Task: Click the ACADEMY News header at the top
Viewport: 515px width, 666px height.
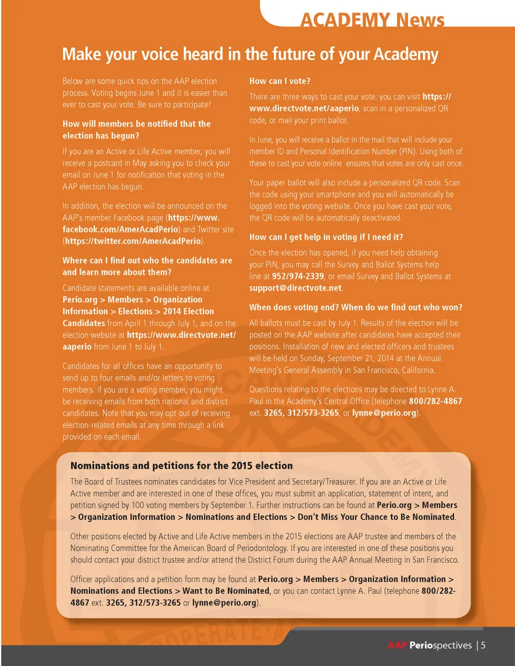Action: point(372,20)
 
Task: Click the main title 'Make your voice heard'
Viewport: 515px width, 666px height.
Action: point(250,54)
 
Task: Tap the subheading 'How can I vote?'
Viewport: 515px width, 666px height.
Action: point(279,81)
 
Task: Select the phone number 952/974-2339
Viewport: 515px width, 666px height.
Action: point(298,276)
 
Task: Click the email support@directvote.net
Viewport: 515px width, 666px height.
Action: point(295,288)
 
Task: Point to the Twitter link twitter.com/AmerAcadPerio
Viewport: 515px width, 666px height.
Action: point(133,241)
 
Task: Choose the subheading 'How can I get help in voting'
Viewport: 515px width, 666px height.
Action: point(326,237)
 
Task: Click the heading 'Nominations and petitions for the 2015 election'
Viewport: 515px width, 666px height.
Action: point(181,465)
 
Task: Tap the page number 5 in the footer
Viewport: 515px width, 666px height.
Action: point(483,645)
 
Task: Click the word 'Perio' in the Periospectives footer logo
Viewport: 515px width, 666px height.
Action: point(421,645)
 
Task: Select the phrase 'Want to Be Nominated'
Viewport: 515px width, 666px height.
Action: point(226,591)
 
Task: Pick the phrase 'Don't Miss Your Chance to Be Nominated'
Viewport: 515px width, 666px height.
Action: point(376,517)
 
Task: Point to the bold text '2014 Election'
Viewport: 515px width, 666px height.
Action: point(188,312)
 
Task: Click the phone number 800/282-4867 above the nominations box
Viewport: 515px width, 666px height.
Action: point(435,401)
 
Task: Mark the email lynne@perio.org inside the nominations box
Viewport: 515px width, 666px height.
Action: point(224,603)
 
